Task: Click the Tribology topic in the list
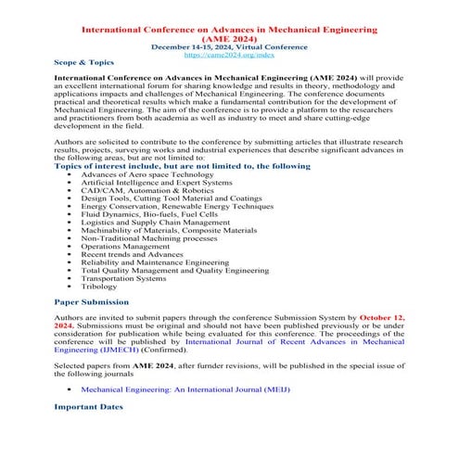pyautogui.click(x=99, y=287)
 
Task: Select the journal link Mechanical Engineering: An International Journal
pyautogui.click(x=185, y=389)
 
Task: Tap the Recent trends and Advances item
pyautogui.click(x=132, y=254)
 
